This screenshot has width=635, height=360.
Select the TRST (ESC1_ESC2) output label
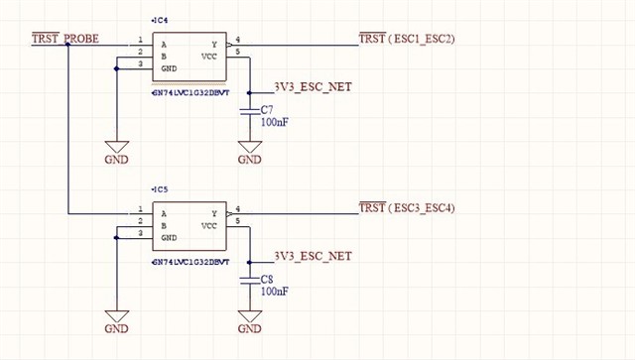point(406,40)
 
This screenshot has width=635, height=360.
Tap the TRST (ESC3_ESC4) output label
point(406,207)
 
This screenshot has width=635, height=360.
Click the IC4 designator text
point(160,20)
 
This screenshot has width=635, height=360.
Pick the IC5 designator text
point(160,188)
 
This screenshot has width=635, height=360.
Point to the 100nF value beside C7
point(275,123)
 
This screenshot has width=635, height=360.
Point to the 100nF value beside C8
point(275,292)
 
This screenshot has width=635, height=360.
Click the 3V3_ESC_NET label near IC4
point(313,87)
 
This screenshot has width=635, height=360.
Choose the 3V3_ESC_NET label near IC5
point(313,256)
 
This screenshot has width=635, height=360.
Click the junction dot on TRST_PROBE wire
point(67,46)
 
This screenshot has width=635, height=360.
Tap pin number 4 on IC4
point(237,41)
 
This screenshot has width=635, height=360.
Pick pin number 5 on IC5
point(237,220)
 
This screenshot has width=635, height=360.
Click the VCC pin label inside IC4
point(210,58)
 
